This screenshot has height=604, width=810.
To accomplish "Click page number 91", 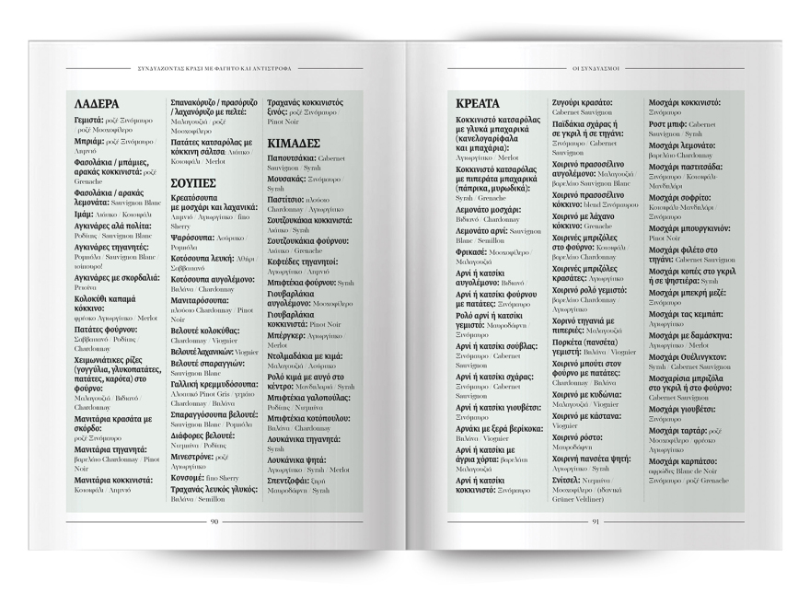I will [595, 521].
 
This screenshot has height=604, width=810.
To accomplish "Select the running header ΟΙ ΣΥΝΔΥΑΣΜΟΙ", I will [596, 67].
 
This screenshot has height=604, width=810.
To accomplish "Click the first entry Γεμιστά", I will [91, 121].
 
